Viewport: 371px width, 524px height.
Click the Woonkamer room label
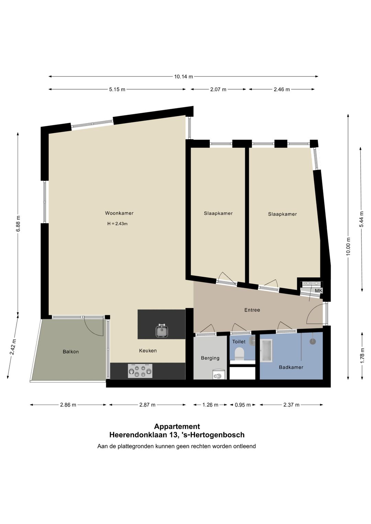[119, 213]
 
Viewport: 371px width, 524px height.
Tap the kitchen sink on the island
[162, 331]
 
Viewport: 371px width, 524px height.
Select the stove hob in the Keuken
[140, 371]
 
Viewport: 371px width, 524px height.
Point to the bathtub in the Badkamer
[266, 351]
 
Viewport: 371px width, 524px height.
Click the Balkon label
[71, 352]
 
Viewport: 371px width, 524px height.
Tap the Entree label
[252, 310]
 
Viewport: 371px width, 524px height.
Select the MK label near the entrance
[318, 291]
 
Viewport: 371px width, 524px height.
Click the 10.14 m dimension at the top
[183, 77]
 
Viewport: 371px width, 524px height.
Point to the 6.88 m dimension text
[18, 223]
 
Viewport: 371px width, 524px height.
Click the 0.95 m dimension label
[243, 405]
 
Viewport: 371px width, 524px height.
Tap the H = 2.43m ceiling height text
[117, 224]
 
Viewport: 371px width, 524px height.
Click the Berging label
[210, 358]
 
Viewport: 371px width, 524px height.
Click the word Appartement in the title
[177, 427]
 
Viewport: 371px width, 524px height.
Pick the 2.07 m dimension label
[218, 89]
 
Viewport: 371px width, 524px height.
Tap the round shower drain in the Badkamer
[313, 341]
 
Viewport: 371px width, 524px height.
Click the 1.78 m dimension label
[362, 356]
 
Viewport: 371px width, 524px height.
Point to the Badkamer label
[291, 367]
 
